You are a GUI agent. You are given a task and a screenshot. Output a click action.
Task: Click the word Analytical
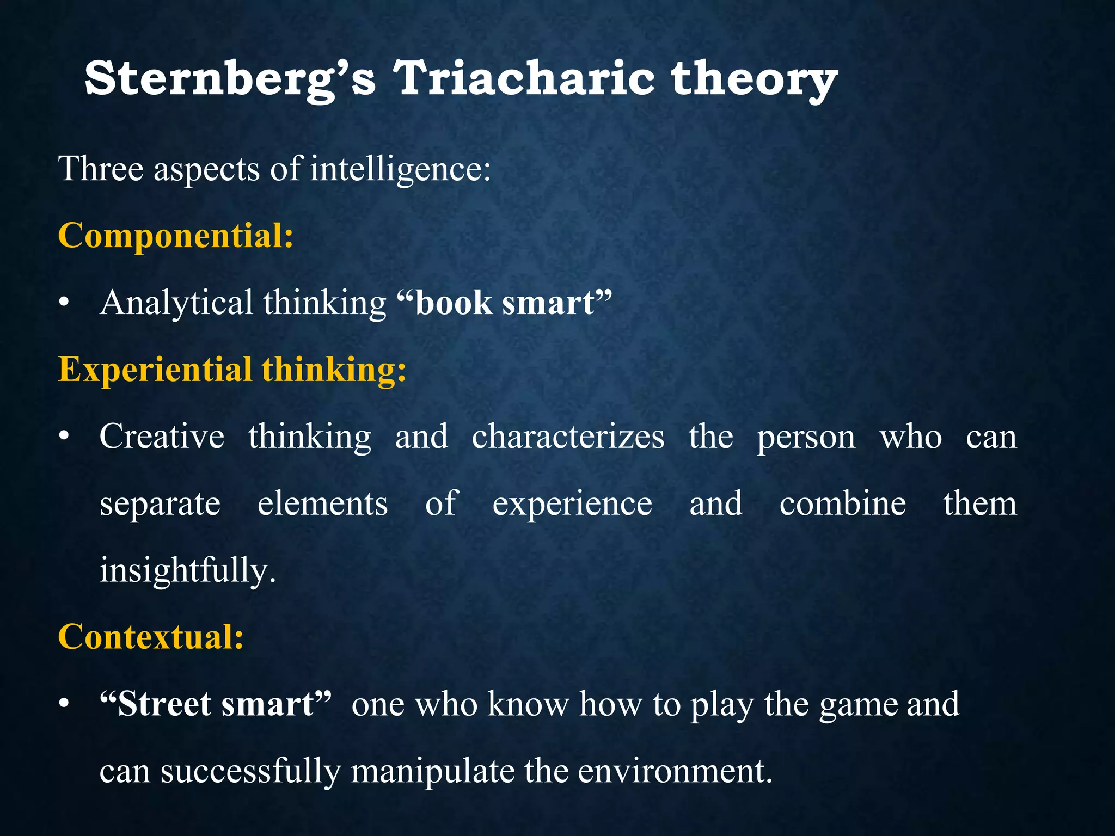[x=176, y=303]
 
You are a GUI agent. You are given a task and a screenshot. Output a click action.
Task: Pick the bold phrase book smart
[x=505, y=303]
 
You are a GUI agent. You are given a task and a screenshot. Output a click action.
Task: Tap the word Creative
[x=162, y=437]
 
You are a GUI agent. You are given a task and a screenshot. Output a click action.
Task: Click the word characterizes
[x=568, y=437]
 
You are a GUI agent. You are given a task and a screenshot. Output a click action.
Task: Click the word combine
[x=843, y=503]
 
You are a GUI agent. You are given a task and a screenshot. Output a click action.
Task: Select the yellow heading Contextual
[x=151, y=637]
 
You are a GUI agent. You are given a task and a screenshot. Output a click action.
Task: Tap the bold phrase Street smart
[x=216, y=704]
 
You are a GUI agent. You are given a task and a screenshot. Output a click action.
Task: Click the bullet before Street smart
[x=64, y=704]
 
